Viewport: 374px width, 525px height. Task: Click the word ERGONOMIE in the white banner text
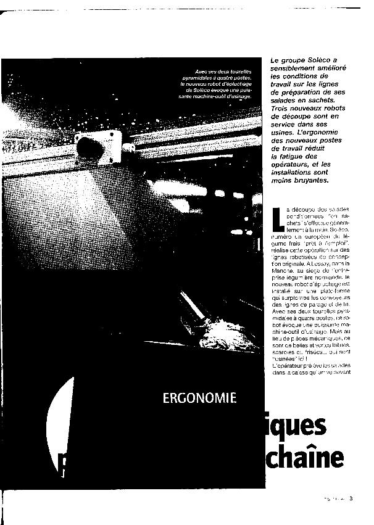pos(199,398)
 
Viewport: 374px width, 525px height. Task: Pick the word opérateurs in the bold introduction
pos(291,165)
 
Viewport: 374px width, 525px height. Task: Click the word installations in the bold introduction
pos(296,173)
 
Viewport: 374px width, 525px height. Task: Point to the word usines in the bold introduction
pos(282,133)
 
